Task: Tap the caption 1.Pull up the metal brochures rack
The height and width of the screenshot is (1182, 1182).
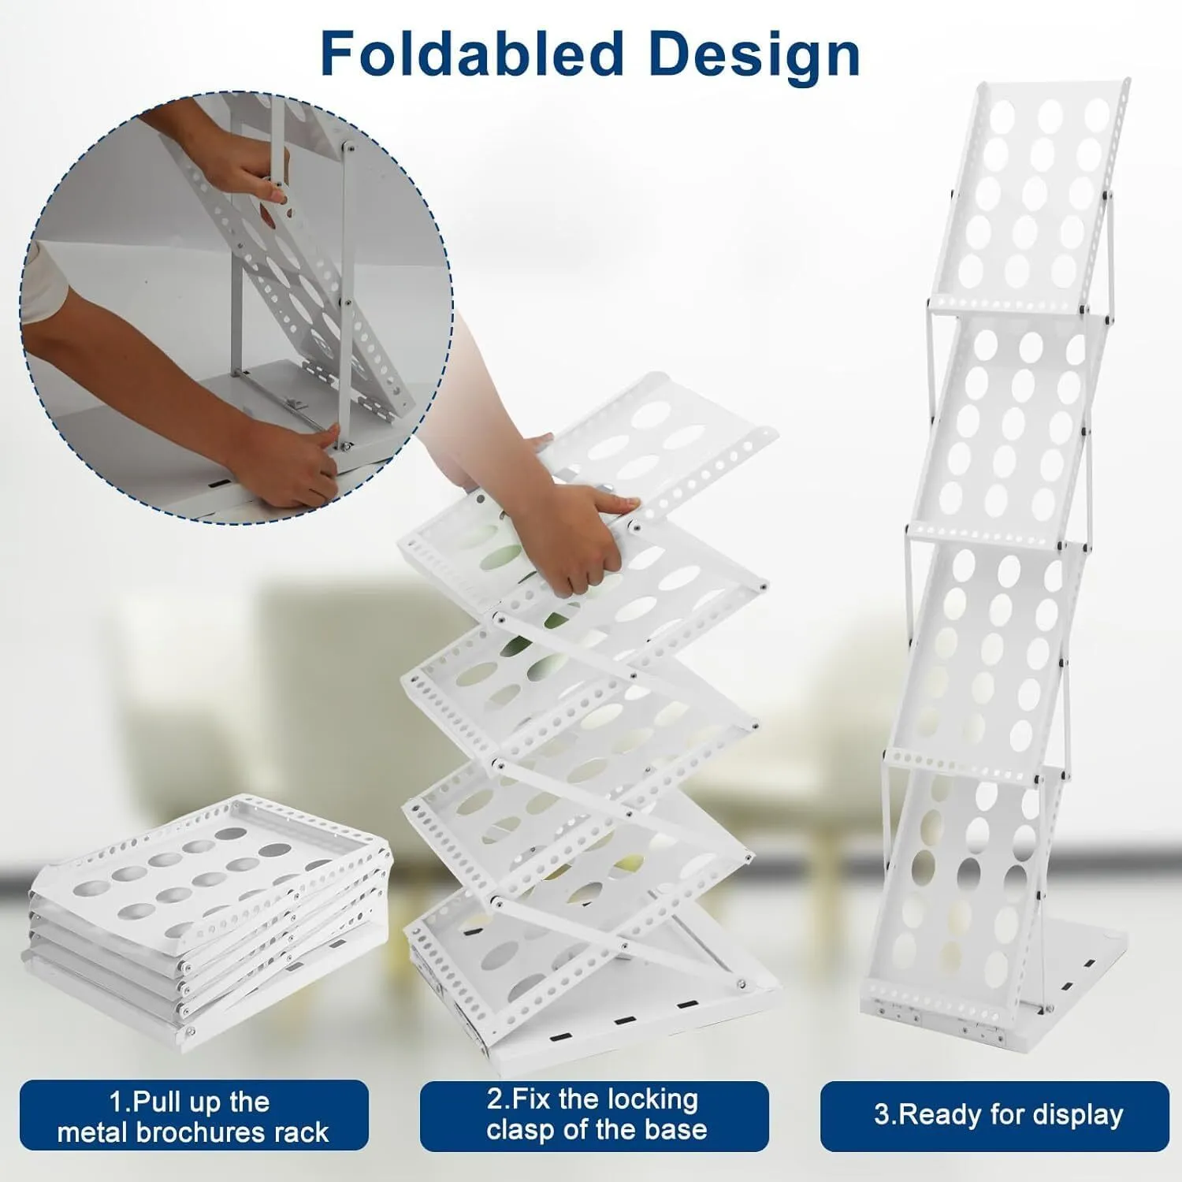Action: click(x=192, y=1116)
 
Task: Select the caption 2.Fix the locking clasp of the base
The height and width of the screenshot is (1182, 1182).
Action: click(x=594, y=1113)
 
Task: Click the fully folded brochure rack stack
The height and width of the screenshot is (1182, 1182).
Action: click(x=210, y=922)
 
